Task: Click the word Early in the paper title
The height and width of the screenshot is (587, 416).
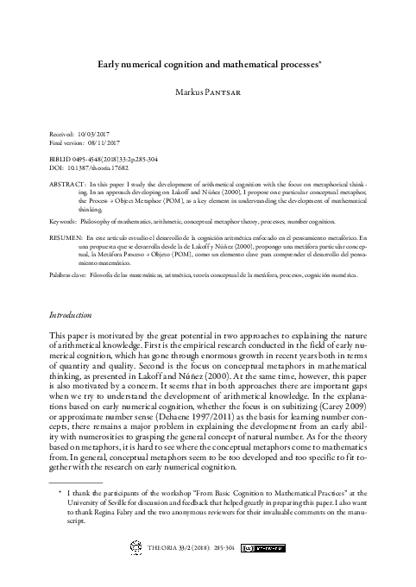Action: (112, 63)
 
